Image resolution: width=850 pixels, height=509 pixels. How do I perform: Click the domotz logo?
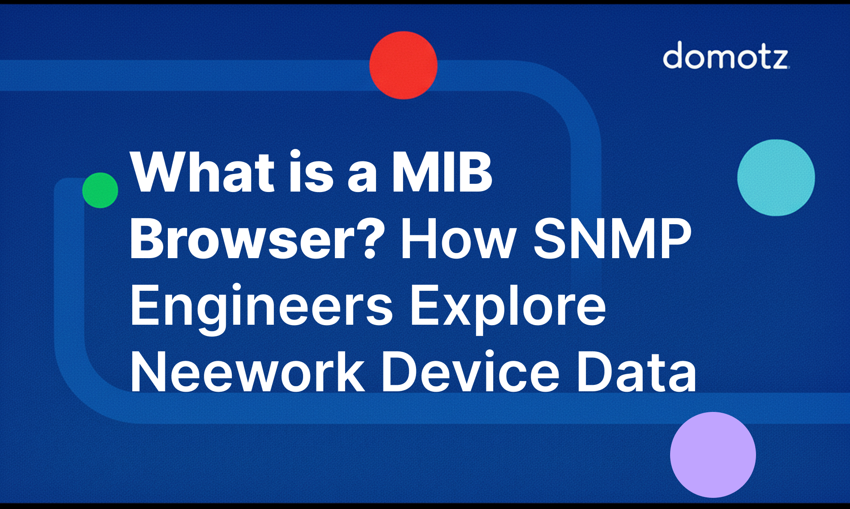[x=726, y=56]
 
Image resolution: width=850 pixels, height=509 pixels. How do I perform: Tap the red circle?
[x=403, y=65]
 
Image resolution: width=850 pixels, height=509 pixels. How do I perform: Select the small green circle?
[x=100, y=190]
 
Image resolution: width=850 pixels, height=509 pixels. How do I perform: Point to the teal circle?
[x=776, y=177]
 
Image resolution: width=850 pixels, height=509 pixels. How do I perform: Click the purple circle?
[x=713, y=454]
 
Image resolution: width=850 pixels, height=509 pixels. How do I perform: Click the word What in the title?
[x=202, y=172]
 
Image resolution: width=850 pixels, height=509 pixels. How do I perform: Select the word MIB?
[x=442, y=172]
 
